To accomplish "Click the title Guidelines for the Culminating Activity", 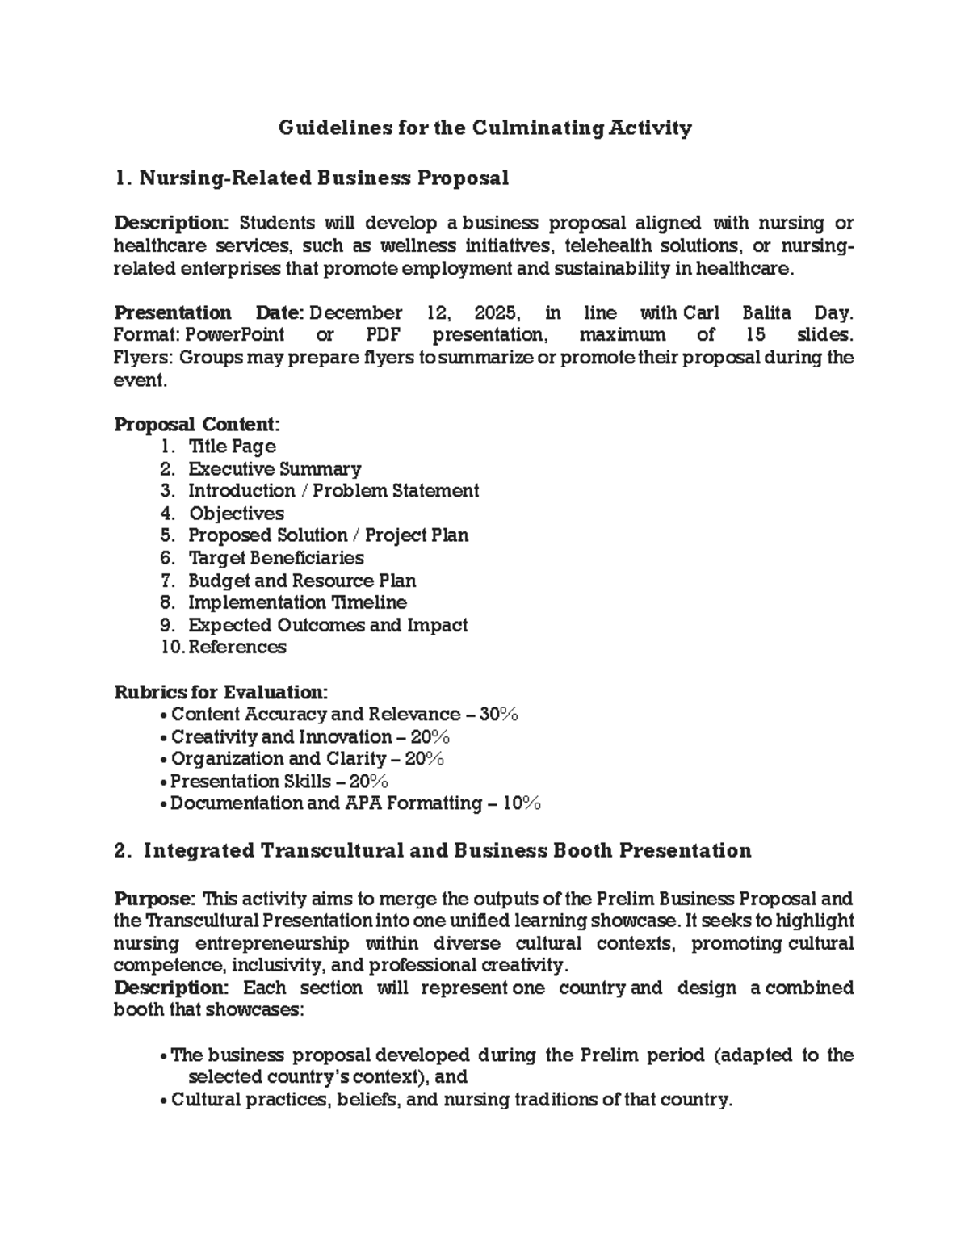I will pyautogui.click(x=484, y=128).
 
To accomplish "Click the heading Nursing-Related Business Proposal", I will pyautogui.click(x=323, y=178).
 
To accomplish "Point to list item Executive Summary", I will pyautogui.click(x=275, y=469).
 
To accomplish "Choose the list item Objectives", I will pyautogui.click(x=236, y=514).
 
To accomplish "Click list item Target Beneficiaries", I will pyautogui.click(x=275, y=558).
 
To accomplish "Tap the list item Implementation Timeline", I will pyautogui.click(x=297, y=602).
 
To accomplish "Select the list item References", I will pyautogui.click(x=237, y=647).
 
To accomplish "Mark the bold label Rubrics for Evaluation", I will pyautogui.click(x=220, y=692).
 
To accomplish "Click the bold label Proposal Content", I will pyautogui.click(x=197, y=425).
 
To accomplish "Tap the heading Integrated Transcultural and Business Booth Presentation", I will pyautogui.click(x=447, y=851).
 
